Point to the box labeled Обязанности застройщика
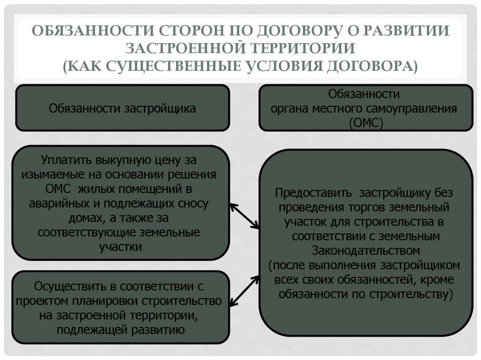point(123,108)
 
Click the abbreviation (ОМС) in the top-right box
point(365,123)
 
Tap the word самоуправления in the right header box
point(418,108)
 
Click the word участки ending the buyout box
point(121,247)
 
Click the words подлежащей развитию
point(120,329)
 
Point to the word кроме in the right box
point(438,279)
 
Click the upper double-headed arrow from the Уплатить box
point(244,216)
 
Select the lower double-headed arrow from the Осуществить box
point(245,291)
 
